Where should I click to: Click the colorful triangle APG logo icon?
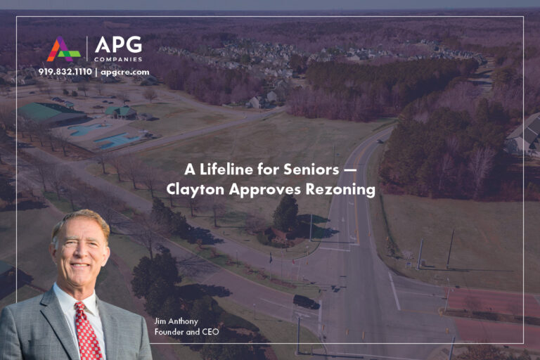point(63,49)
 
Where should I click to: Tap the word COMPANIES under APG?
point(118,58)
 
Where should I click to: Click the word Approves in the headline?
point(260,189)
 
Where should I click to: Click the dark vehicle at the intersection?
point(306,302)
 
